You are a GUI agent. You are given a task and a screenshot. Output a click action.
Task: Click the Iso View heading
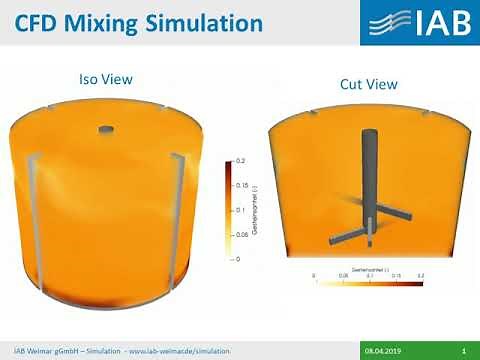[105, 78]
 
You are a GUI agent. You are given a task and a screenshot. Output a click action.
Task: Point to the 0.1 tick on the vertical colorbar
[240, 210]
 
